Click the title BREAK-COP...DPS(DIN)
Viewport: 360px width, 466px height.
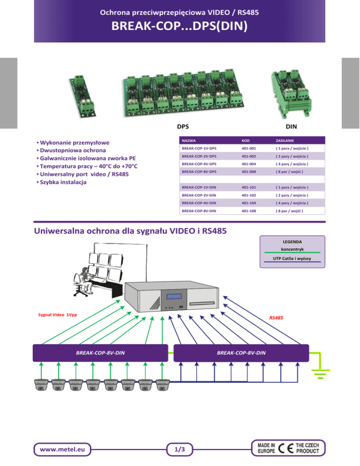[x=179, y=26]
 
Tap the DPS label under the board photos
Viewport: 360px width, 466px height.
[x=183, y=126]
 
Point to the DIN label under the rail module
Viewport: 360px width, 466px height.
[x=292, y=126]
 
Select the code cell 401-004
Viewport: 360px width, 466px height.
[x=248, y=164]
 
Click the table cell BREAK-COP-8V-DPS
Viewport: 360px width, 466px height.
[x=199, y=172]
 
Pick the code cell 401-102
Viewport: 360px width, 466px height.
[x=248, y=195]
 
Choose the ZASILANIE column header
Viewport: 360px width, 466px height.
[x=285, y=141]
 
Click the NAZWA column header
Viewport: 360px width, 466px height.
[x=188, y=141]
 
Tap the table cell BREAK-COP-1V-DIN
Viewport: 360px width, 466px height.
[x=199, y=187]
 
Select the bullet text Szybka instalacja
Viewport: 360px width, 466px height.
[x=63, y=182]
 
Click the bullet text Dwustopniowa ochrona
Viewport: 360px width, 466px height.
[x=73, y=150]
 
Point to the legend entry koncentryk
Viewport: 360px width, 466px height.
[x=292, y=249]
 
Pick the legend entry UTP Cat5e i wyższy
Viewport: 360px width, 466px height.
[x=292, y=258]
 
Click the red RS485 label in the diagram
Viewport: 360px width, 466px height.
[x=276, y=318]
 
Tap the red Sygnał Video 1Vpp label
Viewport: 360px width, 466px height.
[x=57, y=315]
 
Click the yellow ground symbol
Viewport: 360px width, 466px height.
[x=321, y=374]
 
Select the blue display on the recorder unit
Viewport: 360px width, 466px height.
[x=174, y=296]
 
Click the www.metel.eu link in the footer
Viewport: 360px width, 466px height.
[x=62, y=449]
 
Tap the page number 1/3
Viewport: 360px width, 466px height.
[x=180, y=449]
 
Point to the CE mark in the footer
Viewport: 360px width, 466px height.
[x=285, y=448]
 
